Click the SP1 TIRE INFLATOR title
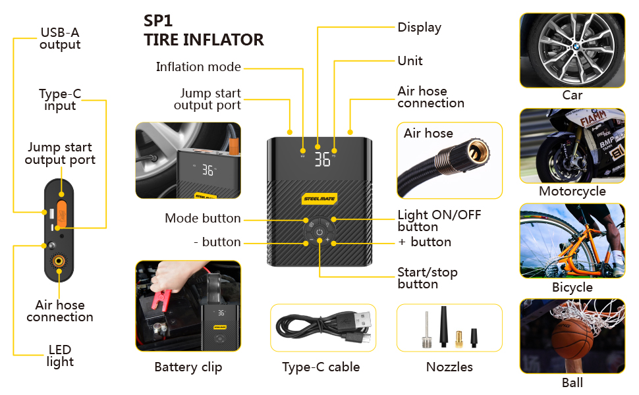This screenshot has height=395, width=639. coord(204,30)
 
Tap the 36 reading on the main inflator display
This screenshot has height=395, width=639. coord(322,159)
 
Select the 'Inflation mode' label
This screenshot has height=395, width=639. coord(198,67)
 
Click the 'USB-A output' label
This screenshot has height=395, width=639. coord(60,39)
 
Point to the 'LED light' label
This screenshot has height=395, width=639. coord(60,355)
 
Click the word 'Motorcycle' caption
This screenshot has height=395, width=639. coord(572,192)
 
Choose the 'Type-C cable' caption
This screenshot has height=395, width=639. coord(321,367)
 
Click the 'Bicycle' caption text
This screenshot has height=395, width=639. coord(572,288)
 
